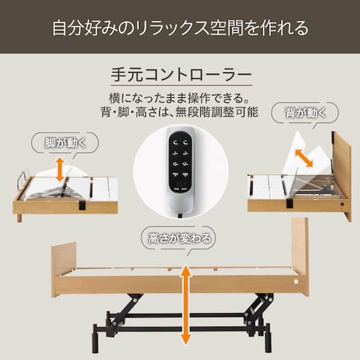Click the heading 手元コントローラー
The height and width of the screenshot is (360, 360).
(x=180, y=73)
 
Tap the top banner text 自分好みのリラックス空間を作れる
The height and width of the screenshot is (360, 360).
(x=180, y=28)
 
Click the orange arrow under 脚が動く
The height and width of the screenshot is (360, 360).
(x=59, y=169)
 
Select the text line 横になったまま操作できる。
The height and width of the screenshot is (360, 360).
(x=180, y=99)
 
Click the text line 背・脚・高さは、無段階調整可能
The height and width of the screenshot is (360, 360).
(x=180, y=113)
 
